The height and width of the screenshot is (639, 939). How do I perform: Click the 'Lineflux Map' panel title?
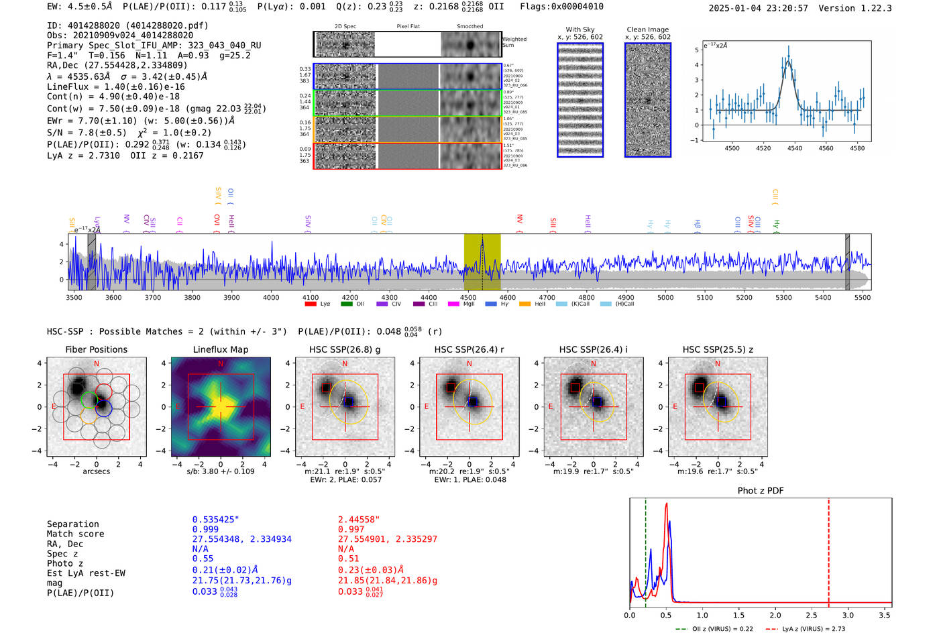220,349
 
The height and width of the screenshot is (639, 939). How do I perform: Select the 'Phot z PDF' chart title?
761,491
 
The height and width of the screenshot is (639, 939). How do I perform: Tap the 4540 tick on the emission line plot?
795,148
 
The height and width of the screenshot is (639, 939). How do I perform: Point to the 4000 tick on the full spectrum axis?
271,298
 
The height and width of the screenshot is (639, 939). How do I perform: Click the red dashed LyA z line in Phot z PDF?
828,550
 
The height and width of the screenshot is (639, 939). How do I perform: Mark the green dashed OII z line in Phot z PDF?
645,550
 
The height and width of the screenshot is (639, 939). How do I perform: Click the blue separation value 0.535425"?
215,520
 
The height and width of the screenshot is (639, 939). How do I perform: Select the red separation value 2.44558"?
359,520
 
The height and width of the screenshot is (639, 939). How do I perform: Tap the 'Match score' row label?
75,534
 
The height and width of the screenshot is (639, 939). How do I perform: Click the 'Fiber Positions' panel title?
96,349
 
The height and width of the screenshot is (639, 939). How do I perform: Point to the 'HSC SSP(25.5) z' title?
718,349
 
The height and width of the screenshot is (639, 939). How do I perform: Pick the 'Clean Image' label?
647,30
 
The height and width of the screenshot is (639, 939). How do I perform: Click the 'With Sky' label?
579,30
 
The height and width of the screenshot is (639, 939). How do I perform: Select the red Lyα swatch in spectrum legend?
311,304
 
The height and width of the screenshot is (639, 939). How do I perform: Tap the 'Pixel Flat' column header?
408,26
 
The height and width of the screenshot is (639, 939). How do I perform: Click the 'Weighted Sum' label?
514,42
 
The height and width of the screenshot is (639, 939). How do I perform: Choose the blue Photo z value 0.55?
203,559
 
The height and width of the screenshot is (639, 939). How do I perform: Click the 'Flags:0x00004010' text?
561,7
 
